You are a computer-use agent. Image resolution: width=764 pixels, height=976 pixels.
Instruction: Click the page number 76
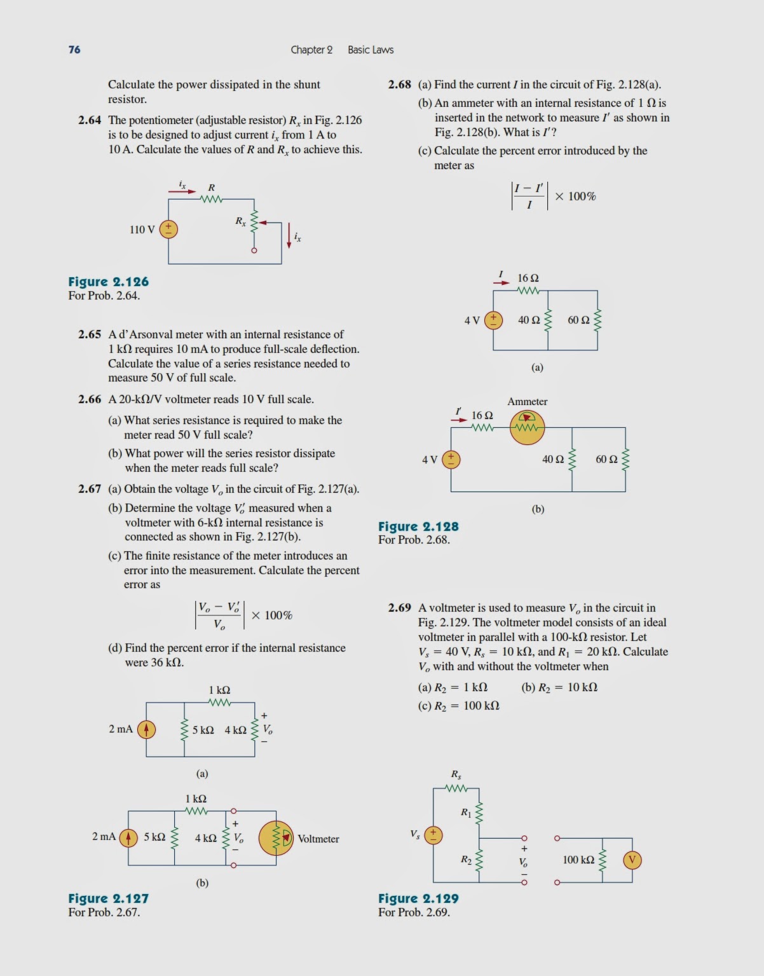(x=74, y=50)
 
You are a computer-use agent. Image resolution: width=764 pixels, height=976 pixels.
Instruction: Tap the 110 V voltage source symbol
(x=168, y=229)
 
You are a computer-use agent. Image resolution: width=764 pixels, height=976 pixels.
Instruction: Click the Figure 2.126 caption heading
(x=109, y=282)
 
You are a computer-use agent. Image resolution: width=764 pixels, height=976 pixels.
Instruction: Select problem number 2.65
(x=90, y=334)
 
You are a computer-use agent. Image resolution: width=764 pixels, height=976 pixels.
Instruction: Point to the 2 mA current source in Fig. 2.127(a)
(x=146, y=729)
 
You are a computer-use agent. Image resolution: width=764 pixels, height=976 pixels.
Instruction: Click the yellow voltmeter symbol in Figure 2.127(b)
(x=276, y=838)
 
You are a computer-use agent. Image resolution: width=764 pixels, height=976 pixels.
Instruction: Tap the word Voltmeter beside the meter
(x=318, y=839)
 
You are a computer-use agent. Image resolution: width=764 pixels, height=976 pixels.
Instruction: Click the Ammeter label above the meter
(x=528, y=402)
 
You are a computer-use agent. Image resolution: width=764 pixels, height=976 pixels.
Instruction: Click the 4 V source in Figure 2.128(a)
(x=493, y=320)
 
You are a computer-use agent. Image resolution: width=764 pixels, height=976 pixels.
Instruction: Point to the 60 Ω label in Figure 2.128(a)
(x=578, y=320)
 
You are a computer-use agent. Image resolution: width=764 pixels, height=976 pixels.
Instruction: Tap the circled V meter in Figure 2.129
(x=632, y=860)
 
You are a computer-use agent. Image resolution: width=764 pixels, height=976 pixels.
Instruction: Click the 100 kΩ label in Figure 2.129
(x=578, y=860)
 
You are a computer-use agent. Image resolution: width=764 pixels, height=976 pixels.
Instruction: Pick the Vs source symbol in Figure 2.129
(x=433, y=834)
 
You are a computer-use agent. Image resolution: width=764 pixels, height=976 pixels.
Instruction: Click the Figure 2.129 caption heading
(x=418, y=898)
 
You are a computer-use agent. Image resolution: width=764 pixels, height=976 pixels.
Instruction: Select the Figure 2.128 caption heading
(x=418, y=526)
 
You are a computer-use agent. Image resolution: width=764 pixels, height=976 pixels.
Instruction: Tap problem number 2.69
(x=400, y=608)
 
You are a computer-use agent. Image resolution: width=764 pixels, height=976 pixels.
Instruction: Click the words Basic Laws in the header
(x=371, y=50)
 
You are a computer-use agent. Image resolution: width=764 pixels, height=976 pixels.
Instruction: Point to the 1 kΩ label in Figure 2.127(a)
(x=219, y=690)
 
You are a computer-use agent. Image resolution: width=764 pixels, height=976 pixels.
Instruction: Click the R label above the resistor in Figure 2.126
(x=212, y=188)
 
